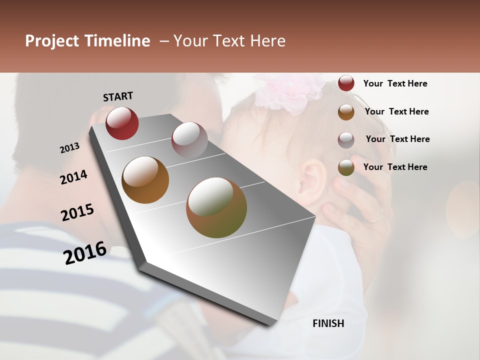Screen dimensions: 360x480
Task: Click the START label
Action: pos(118,96)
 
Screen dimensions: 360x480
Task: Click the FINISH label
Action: pos(328,323)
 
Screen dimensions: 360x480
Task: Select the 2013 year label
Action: pos(70,147)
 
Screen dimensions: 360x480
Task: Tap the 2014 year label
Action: pos(73,177)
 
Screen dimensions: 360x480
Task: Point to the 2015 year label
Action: pos(77,212)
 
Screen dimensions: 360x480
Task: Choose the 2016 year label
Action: pos(85,252)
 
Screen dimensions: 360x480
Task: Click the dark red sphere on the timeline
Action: pos(122,123)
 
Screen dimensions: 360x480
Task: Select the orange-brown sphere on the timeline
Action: pos(145,180)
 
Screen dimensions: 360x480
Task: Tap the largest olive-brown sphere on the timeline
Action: pos(216,207)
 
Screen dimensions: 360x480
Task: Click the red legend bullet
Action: pos(346,83)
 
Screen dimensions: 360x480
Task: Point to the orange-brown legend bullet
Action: pos(346,112)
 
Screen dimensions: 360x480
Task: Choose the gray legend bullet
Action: pos(346,140)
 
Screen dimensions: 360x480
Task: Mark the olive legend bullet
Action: pos(346,167)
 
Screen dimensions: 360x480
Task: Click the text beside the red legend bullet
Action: pos(395,84)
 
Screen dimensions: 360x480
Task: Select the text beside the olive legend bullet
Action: pos(395,167)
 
